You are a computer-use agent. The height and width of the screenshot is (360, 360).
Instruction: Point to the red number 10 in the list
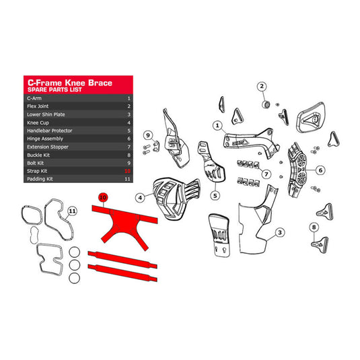[127, 170]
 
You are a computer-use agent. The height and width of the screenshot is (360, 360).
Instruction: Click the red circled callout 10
[103, 197]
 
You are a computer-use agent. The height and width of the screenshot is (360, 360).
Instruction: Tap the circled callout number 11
[73, 211]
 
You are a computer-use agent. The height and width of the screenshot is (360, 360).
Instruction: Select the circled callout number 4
[139, 197]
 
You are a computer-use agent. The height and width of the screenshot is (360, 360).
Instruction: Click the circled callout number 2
[262, 86]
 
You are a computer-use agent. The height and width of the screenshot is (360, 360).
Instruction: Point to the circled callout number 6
[320, 170]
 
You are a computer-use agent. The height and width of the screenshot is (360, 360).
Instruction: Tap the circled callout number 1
[217, 124]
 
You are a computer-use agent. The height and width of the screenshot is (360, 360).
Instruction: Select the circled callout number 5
[215, 195]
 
